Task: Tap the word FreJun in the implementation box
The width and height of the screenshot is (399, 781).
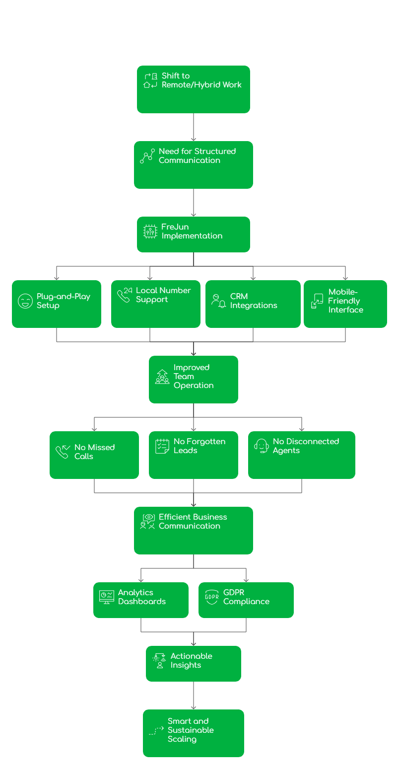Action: coord(175,227)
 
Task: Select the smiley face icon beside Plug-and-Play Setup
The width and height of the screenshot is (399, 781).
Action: coord(25,301)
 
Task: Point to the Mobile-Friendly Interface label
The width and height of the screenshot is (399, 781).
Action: coord(345,301)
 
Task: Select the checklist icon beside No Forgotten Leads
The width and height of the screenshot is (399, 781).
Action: coord(162,446)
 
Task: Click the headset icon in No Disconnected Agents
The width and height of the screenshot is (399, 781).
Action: coord(262,446)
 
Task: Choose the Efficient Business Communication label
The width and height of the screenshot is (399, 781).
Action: coord(193,522)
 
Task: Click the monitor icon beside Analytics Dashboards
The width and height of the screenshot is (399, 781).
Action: coord(107,597)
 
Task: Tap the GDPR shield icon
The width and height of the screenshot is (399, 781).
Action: coord(212,597)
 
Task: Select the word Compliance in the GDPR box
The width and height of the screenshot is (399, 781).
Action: coord(246,602)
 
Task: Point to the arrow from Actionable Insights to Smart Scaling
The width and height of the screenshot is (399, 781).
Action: coord(194,696)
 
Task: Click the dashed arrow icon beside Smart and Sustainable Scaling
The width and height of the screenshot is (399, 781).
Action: coord(156,731)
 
